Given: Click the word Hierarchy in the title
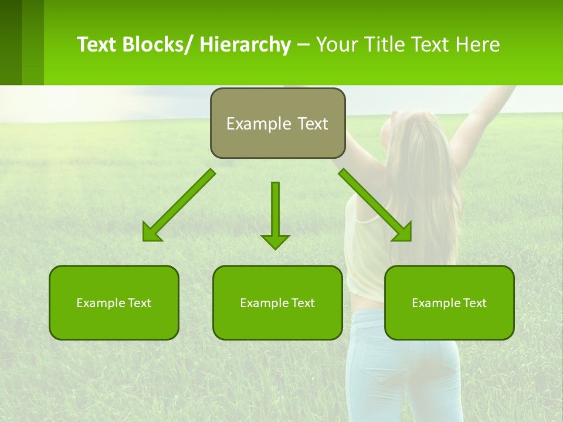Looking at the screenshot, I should point(245,45).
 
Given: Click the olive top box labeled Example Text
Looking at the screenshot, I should point(277,123).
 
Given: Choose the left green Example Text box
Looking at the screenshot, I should point(114,302).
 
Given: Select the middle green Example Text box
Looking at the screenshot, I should point(277,302).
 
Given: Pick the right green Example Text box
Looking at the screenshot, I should point(449,302).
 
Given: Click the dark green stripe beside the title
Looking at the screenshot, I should point(11,42).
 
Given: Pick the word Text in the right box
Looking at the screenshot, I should point(475,303).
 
